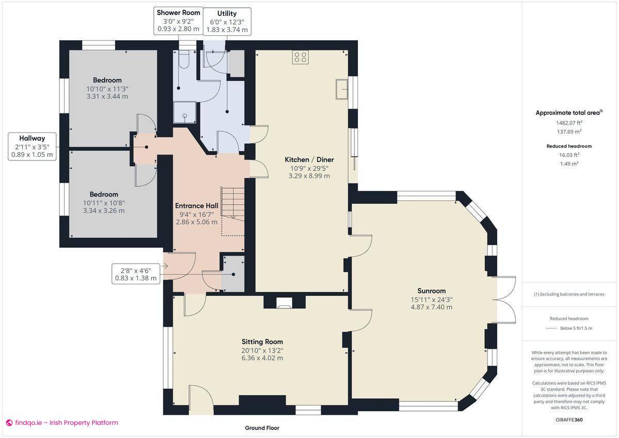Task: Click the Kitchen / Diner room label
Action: point(309,159)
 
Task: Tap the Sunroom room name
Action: point(431,291)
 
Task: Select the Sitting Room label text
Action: point(262,342)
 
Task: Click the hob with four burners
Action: point(300,57)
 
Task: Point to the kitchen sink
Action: point(342,89)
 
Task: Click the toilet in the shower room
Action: point(183,60)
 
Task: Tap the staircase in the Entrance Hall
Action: point(233,212)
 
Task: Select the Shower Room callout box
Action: point(178,21)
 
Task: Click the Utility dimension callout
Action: point(227,22)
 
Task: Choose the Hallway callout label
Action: point(32,147)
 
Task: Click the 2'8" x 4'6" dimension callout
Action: point(136,274)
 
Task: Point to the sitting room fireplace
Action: point(284,303)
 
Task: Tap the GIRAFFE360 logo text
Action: point(569,420)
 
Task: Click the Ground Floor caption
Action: point(262,428)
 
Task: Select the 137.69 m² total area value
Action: point(569,132)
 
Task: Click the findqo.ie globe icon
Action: point(9,423)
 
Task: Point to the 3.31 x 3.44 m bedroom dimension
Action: point(107,96)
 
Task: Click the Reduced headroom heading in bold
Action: point(569,146)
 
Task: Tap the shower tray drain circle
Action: point(185,116)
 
